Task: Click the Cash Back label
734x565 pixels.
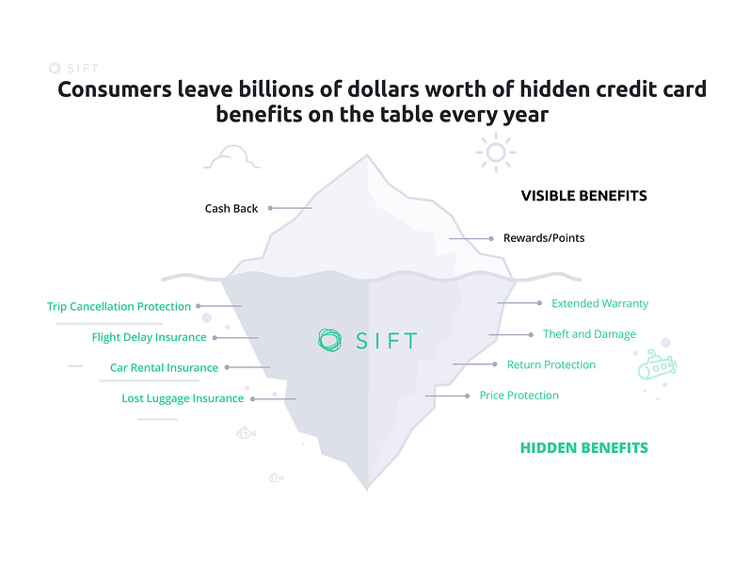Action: (231, 208)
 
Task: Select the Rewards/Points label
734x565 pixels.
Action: (543, 238)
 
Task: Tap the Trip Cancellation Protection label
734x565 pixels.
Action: (119, 306)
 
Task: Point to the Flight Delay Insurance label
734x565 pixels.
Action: (149, 337)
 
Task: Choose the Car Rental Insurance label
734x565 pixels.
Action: (164, 367)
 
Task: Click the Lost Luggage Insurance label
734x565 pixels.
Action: (183, 398)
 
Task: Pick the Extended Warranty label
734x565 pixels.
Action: (599, 303)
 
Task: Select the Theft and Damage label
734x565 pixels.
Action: (589, 334)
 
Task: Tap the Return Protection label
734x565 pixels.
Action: (551, 364)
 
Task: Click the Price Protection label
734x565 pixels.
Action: (519, 395)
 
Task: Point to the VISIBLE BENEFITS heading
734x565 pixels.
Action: (583, 196)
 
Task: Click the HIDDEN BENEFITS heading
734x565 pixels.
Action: (583, 448)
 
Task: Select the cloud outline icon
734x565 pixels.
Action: (232, 159)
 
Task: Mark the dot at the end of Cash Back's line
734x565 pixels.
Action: (270, 208)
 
